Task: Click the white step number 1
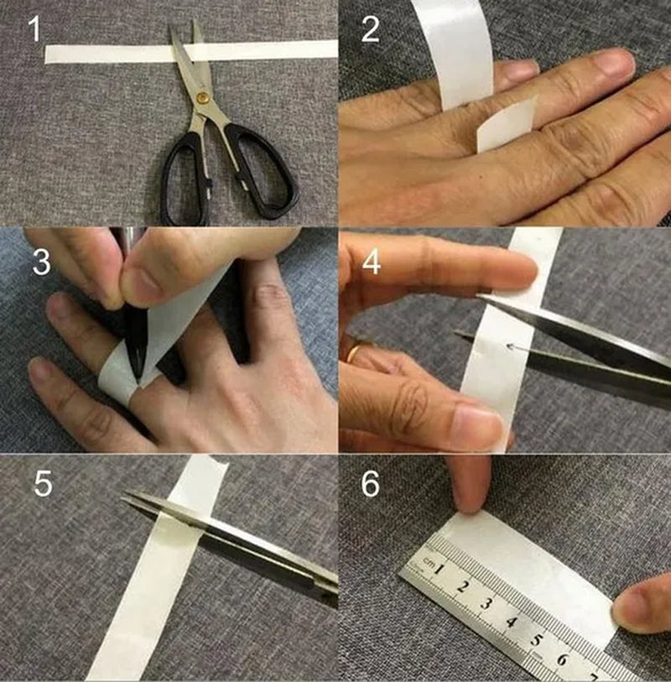point(34,29)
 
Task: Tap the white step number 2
point(370,29)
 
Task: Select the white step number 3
point(41,262)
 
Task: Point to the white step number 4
point(371,262)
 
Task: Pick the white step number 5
point(43,484)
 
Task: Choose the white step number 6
point(370,484)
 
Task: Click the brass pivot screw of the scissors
point(201,97)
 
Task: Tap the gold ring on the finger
point(354,354)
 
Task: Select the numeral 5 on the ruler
point(537,640)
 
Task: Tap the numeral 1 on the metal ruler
point(440,569)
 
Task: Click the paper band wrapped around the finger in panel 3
point(114,372)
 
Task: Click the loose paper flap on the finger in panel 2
point(507,124)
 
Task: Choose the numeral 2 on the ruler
point(462,586)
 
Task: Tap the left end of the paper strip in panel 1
point(45,55)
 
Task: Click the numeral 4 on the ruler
point(512,622)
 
